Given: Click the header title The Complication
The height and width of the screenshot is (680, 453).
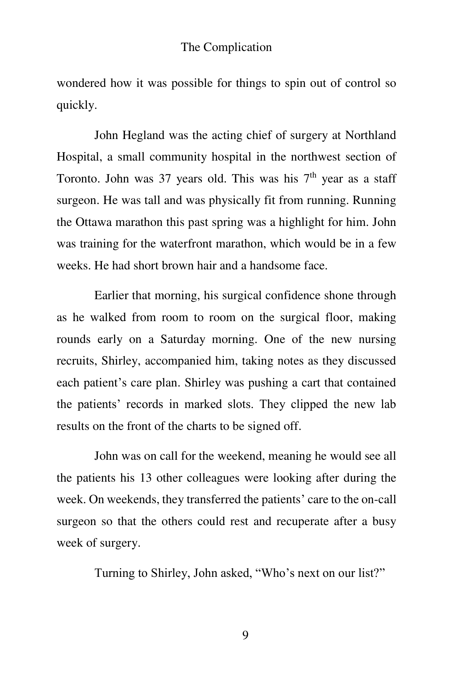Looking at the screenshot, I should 226,47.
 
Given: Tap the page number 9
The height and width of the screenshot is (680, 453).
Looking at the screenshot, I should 245,636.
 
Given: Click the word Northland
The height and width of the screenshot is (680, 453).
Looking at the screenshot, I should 370,135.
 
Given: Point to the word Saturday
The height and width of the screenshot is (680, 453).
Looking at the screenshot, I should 183,339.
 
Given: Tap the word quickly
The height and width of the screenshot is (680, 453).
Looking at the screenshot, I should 77,105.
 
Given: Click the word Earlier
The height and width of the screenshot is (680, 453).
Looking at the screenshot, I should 111,296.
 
